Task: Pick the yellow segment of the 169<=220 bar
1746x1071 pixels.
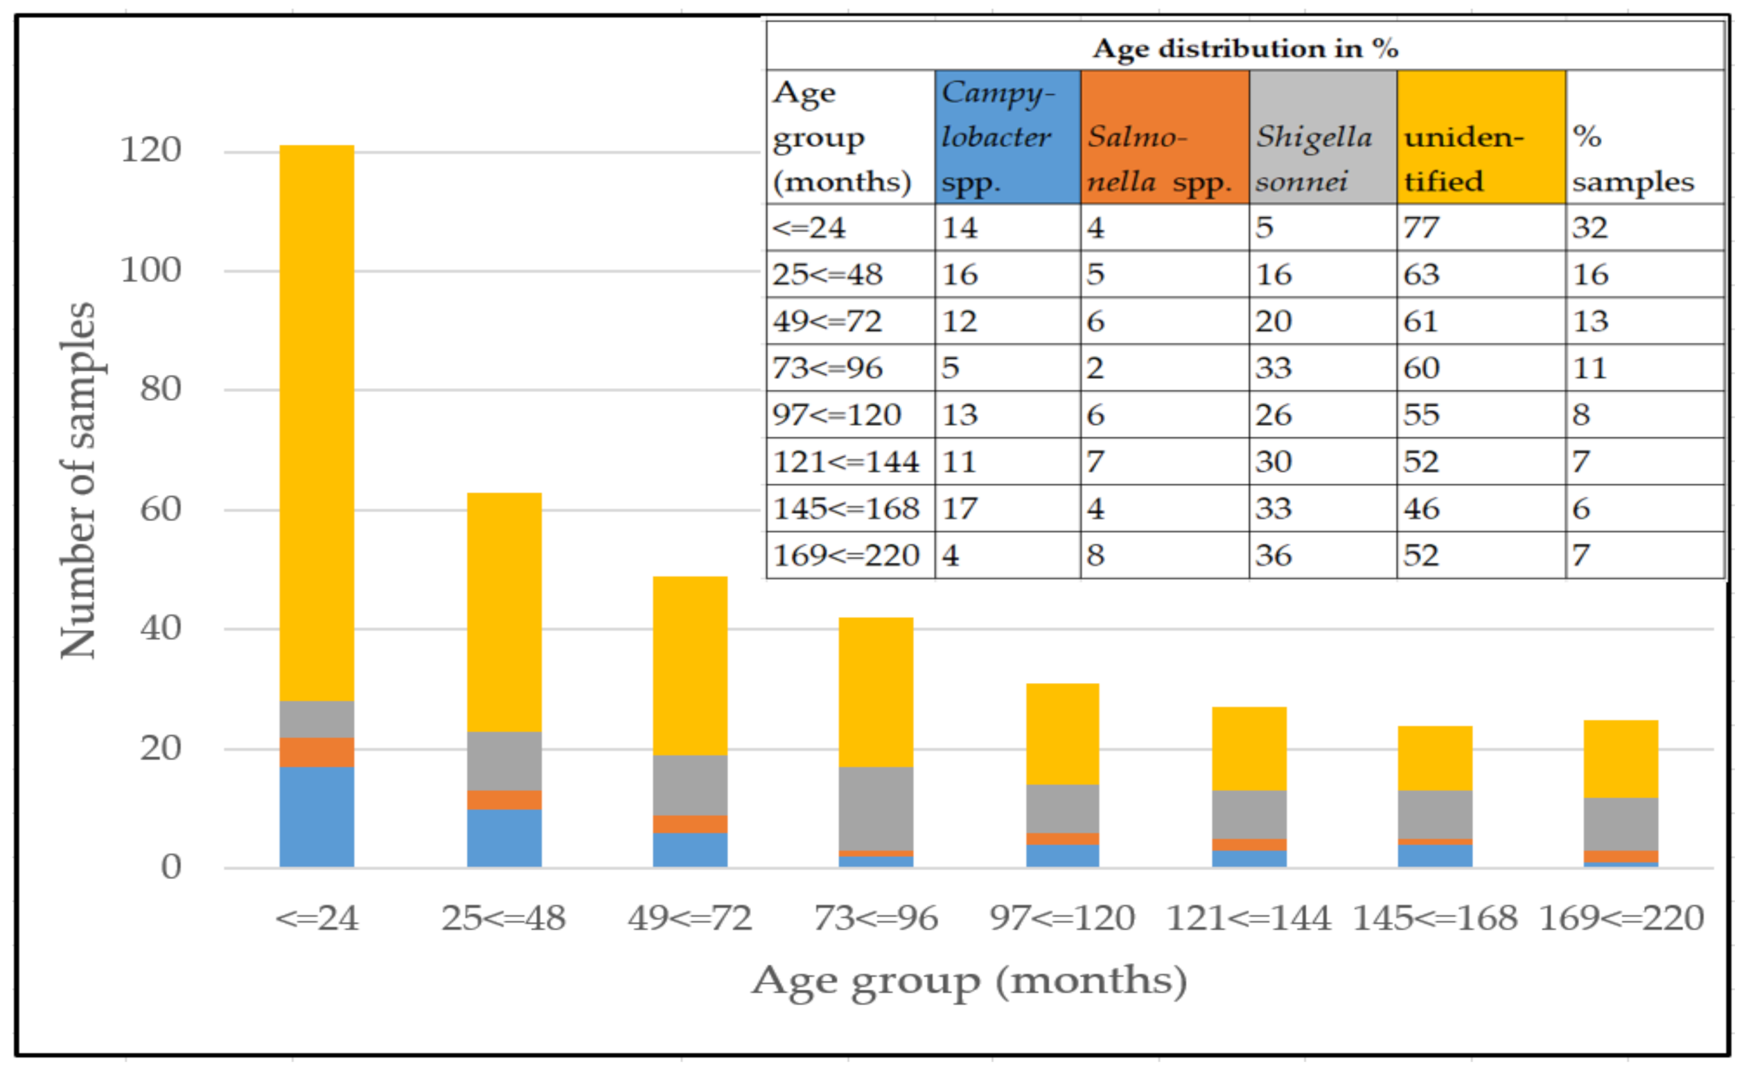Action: point(1621,759)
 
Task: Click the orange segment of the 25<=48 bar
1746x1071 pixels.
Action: point(504,799)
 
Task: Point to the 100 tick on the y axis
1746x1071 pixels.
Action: point(151,271)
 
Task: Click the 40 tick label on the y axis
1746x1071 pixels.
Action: point(160,628)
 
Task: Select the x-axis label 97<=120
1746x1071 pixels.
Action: point(1062,918)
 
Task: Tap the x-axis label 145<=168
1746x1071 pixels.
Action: point(1435,918)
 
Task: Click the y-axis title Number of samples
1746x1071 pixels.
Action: point(78,481)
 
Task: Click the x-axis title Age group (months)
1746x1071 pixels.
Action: point(969,982)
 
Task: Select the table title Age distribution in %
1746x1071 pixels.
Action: point(1245,48)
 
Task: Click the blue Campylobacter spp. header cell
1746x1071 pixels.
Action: point(1007,136)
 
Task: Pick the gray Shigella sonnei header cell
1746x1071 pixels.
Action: point(1322,136)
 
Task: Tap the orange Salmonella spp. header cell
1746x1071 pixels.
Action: point(1164,136)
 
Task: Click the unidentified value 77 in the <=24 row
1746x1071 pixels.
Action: point(1422,227)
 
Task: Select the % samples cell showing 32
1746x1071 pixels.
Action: point(1590,227)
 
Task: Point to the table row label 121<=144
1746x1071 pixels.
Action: point(846,462)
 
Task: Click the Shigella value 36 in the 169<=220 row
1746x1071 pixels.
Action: point(1273,556)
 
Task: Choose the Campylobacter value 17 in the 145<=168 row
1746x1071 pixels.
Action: point(960,508)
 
